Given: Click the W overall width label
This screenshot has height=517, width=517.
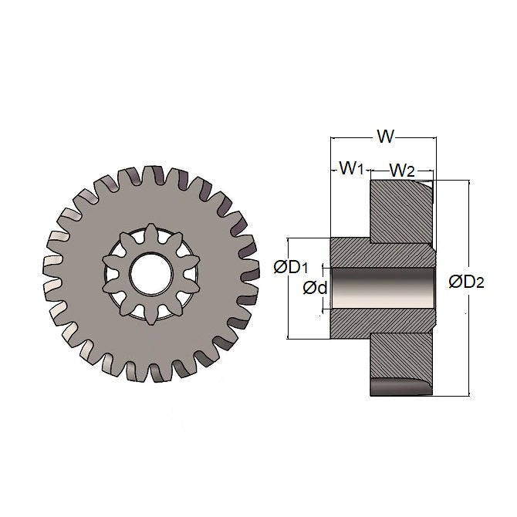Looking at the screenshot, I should [x=386, y=137].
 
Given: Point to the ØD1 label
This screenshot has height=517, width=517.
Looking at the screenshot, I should [x=291, y=267].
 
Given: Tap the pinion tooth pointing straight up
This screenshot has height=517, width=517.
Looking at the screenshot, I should [x=144, y=231].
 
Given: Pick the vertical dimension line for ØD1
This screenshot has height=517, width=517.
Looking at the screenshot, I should [x=288, y=309].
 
